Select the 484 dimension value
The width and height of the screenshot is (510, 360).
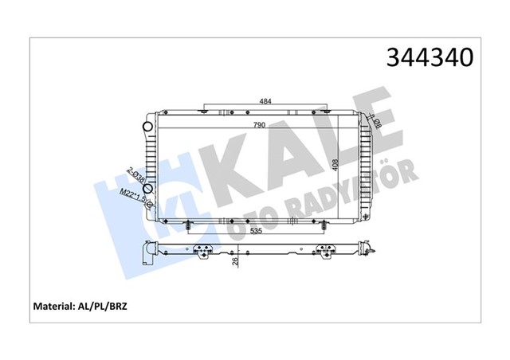pyautogui.click(x=267, y=101)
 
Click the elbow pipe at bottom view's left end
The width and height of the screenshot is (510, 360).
pyautogui.click(x=147, y=253)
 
